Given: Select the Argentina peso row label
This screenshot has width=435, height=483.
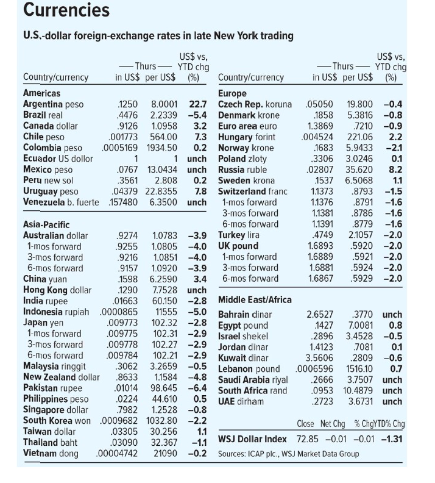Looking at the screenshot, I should (53, 104).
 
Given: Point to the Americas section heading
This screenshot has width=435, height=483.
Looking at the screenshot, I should (41, 93).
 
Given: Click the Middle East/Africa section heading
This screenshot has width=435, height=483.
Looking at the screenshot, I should (255, 300).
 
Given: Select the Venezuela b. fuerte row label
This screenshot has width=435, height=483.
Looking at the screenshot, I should (60, 202).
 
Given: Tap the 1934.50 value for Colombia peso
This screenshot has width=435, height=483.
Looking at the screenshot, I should (163, 148).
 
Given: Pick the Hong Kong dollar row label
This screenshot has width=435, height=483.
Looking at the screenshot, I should (57, 290).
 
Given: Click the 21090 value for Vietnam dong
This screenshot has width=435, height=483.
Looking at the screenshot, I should (165, 453).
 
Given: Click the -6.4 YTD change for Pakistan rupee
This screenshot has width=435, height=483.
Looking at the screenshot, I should (197, 388).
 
